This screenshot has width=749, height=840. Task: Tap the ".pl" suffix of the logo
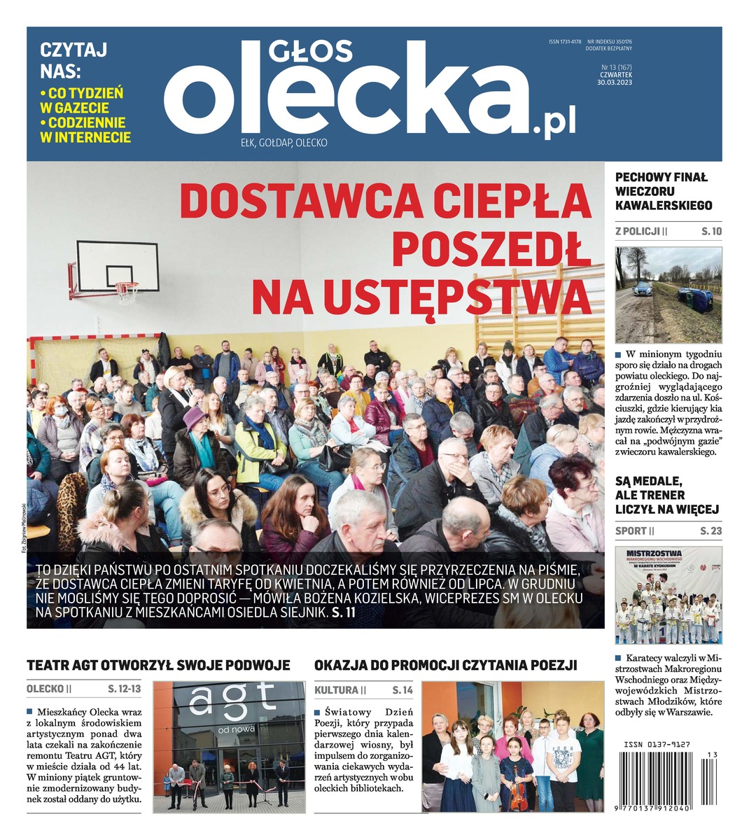[x=554, y=124]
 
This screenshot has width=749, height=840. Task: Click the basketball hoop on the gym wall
[x=127, y=290]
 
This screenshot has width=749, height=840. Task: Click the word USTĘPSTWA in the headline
[x=421, y=297]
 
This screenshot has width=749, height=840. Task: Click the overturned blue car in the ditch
[x=695, y=300]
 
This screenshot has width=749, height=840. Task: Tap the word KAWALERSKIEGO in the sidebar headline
[x=663, y=205]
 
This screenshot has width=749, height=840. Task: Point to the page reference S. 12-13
[x=125, y=689]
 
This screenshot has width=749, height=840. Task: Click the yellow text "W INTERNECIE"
[x=85, y=137]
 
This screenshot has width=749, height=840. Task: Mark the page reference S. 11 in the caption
[x=345, y=612]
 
